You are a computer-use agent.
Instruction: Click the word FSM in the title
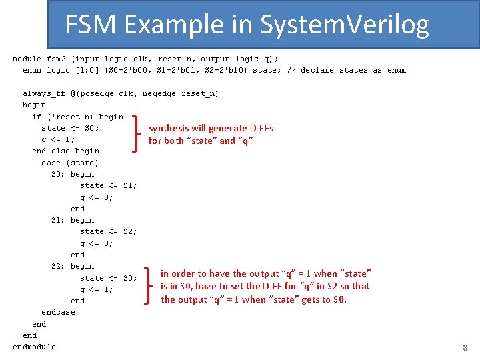(x=91, y=25)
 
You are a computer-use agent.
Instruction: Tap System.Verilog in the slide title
(x=344, y=25)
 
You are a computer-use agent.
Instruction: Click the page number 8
(x=465, y=347)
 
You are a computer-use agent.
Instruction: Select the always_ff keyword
(x=44, y=93)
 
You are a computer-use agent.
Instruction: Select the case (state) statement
(x=69, y=163)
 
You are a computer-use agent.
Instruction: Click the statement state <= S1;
(x=109, y=185)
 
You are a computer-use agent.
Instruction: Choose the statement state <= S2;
(x=109, y=231)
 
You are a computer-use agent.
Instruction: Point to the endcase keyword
(x=58, y=312)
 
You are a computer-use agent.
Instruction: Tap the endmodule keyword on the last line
(x=34, y=347)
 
